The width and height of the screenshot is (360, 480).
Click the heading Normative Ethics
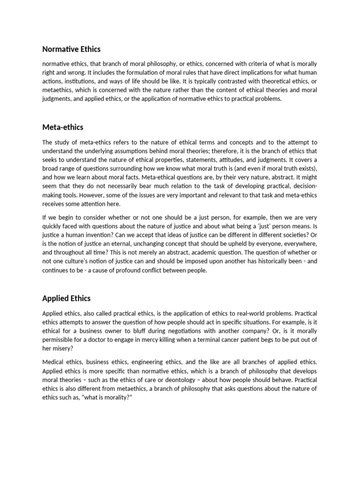[x=71, y=49]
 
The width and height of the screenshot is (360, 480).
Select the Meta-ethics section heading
[x=63, y=127]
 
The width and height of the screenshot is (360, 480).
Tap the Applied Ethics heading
[x=67, y=298]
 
